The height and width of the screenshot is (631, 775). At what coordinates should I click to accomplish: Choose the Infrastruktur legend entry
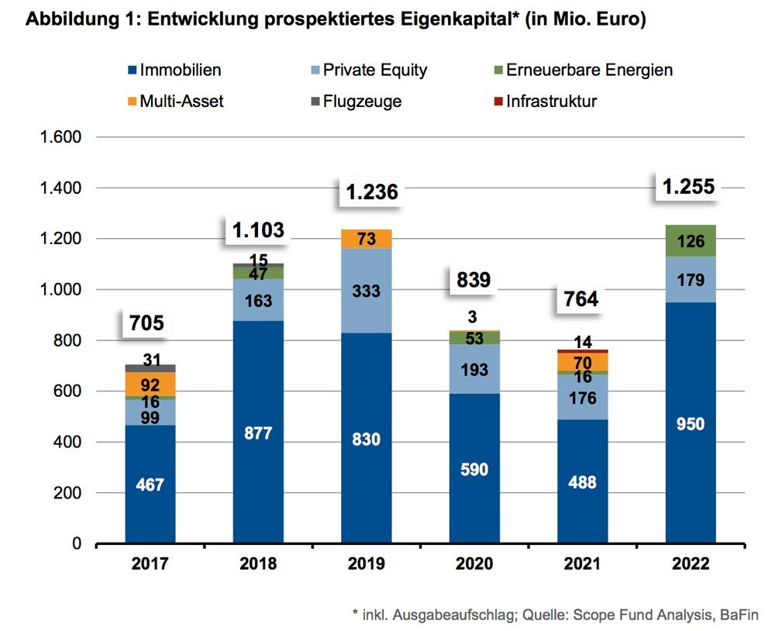point(550,101)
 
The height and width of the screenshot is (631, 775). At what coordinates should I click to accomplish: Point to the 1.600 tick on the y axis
point(60,137)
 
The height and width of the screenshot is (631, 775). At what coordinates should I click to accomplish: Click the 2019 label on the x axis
point(366,564)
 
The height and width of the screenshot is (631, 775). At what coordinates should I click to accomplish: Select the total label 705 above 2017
point(147,322)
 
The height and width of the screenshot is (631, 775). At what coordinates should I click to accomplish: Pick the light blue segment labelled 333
point(366,291)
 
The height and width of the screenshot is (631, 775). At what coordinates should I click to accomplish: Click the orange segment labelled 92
point(150,384)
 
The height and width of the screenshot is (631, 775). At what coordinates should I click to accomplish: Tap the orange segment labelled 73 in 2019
point(366,239)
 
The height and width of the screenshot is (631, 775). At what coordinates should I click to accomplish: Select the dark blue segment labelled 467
point(150,484)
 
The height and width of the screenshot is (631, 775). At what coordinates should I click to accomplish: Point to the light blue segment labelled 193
point(474,370)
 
